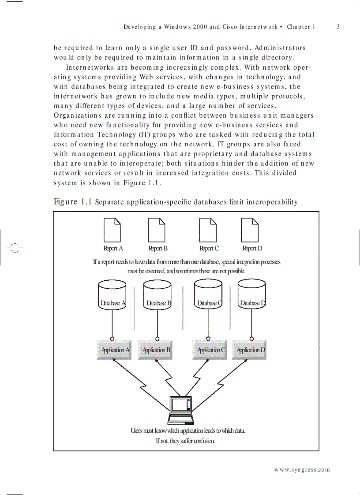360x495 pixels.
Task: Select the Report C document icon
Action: pos(208,230)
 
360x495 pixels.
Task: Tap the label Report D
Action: pos(252,249)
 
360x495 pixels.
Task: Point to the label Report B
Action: pos(158,249)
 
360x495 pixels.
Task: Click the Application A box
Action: pos(114,350)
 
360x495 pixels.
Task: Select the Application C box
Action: pos(210,350)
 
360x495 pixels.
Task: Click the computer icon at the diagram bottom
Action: pos(181,410)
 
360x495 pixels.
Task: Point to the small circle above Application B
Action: pos(157,339)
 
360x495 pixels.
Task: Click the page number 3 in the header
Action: pos(338,27)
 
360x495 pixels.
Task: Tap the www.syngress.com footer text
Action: pos(302,470)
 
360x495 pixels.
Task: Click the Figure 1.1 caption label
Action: pos(73,202)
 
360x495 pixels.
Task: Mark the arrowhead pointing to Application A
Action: pos(116,361)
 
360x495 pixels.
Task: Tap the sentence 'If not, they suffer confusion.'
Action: pos(185,441)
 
